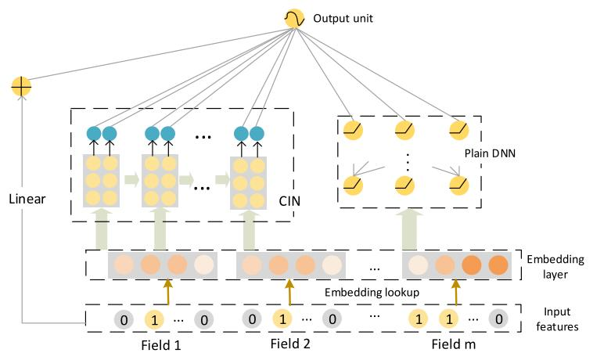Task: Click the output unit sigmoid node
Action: [294, 18]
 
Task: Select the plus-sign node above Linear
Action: [21, 86]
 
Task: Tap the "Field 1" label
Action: [160, 344]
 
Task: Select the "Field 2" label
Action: [289, 344]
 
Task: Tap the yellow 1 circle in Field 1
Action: [155, 319]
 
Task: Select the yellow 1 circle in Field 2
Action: [282, 319]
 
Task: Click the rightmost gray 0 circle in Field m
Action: [495, 319]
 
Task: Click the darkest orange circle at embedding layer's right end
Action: [498, 265]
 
